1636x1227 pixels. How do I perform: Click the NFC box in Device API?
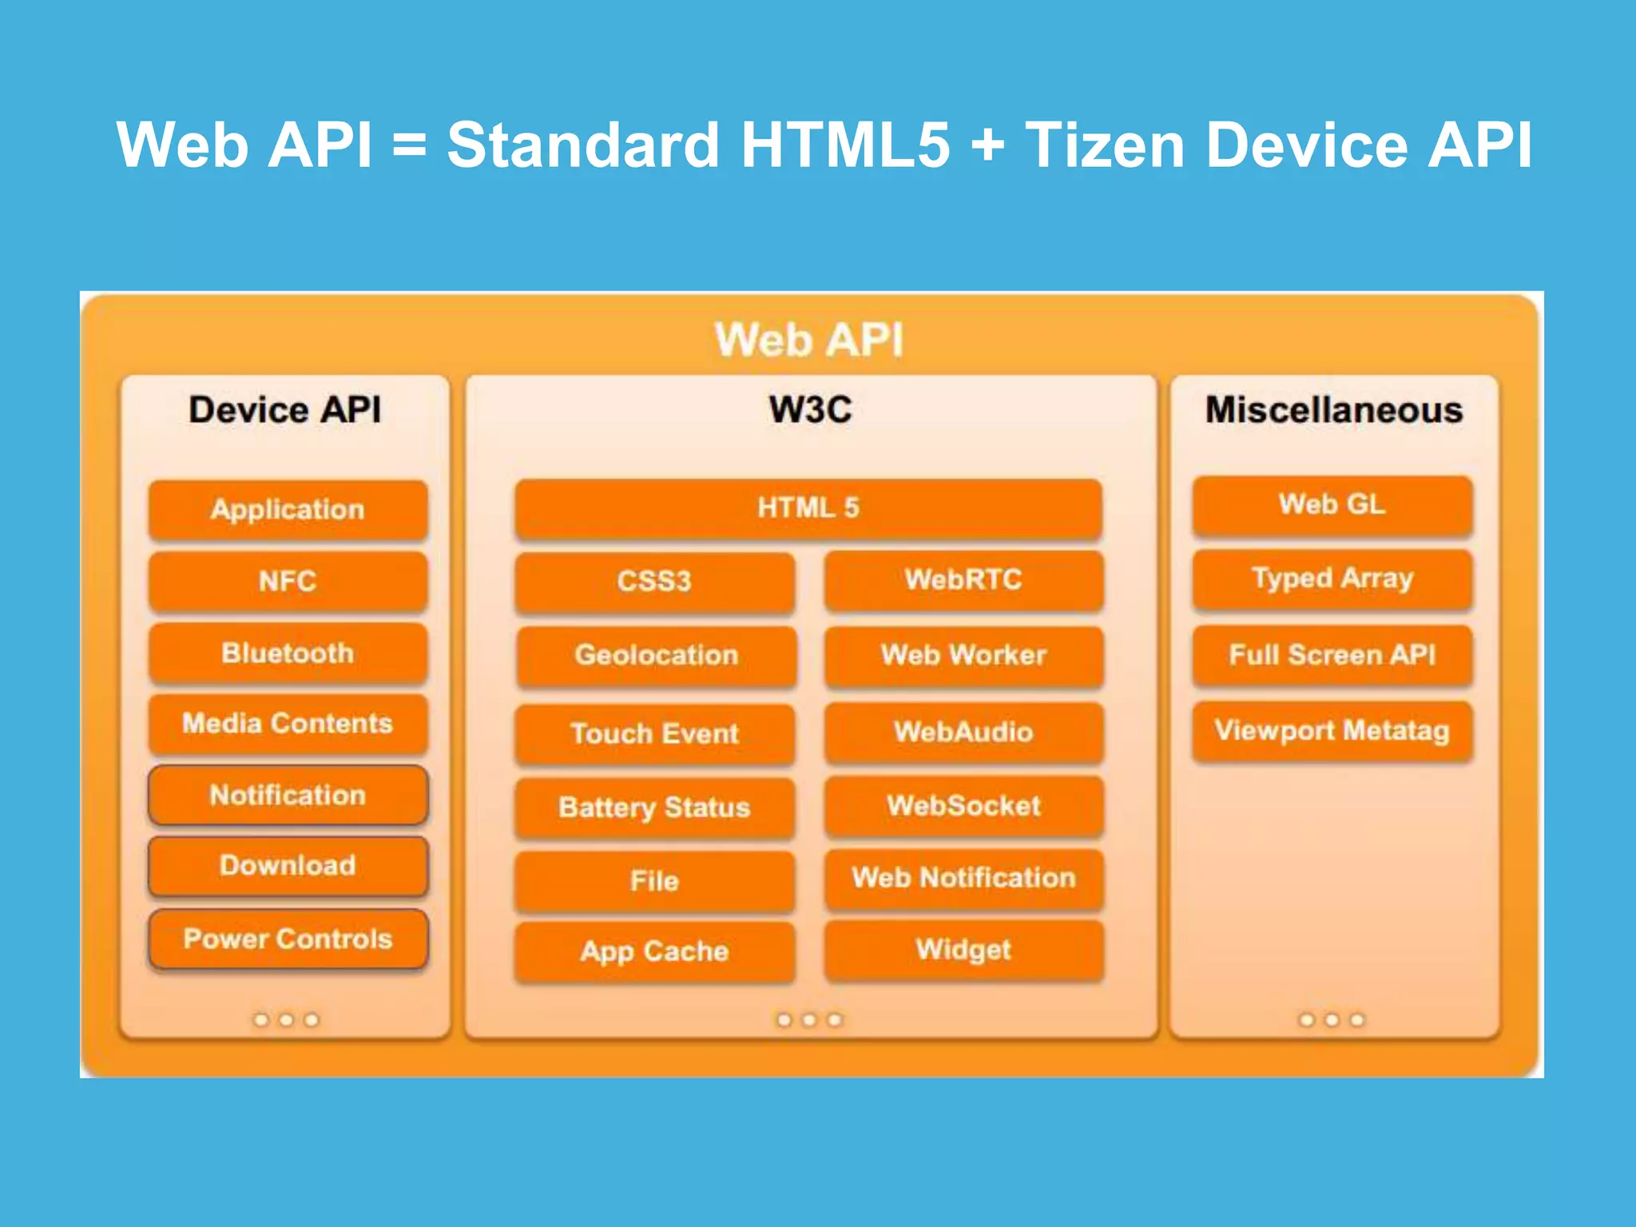(x=288, y=581)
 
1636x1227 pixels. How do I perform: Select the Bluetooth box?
(x=288, y=653)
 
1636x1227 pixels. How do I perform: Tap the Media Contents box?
(x=288, y=724)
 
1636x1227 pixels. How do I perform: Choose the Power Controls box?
(x=288, y=939)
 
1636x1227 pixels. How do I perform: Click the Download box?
(x=288, y=866)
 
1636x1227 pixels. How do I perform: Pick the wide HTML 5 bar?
(x=808, y=508)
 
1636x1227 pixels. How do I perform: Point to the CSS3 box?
(x=654, y=581)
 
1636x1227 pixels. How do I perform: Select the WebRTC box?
(x=963, y=579)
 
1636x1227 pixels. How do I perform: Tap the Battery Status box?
(x=654, y=807)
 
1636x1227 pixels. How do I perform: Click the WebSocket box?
(x=963, y=805)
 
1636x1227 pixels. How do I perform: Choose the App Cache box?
(x=654, y=951)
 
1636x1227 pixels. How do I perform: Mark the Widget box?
(x=963, y=950)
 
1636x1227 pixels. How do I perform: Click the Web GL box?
(x=1332, y=505)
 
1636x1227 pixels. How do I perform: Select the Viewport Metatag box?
(x=1332, y=731)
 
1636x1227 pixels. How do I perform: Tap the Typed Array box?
(x=1332, y=578)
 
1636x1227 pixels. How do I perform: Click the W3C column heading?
(x=810, y=410)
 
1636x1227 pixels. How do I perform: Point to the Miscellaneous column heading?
(x=1333, y=410)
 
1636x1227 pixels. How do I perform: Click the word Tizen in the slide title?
(x=1105, y=145)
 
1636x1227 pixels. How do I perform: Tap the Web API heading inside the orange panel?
(x=808, y=340)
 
